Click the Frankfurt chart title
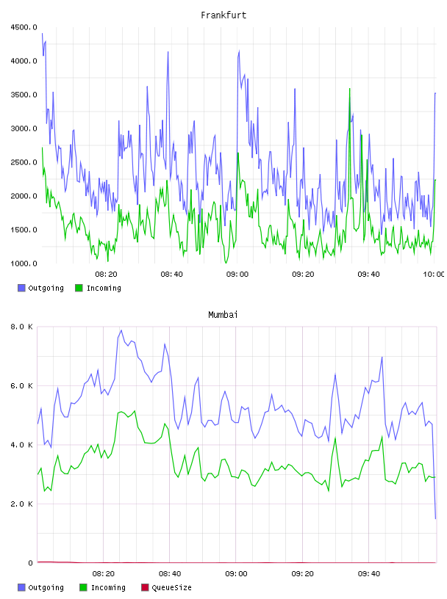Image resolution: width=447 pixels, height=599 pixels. (223, 15)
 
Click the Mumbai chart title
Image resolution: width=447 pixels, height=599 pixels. (223, 315)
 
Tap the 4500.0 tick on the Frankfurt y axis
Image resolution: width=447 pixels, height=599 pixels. (24, 27)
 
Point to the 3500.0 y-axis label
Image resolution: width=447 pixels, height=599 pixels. (24, 95)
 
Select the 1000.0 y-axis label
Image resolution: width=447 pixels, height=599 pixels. (24, 264)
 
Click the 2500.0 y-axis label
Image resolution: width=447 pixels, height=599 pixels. (24, 162)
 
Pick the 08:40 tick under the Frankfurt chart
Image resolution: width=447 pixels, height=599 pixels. (171, 275)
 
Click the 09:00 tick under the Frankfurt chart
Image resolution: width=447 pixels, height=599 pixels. (237, 275)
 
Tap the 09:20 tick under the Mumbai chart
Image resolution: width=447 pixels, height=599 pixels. (302, 574)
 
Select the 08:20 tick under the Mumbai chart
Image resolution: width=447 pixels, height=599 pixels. (104, 574)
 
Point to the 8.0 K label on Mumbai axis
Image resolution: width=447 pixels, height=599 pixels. (21, 327)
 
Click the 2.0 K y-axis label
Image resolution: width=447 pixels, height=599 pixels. (21, 504)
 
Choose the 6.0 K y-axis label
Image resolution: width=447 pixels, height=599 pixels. (21, 386)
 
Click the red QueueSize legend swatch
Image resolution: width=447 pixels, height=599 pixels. (145, 587)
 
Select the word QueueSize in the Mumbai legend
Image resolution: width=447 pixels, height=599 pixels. (171, 587)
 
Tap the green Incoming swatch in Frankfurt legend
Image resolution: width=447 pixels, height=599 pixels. (79, 288)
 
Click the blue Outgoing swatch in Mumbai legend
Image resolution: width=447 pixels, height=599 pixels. (21, 587)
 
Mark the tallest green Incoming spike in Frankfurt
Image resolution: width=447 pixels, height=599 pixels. (349, 89)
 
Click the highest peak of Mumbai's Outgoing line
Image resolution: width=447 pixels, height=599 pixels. (121, 330)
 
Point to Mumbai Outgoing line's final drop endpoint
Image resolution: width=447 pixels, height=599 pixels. (435, 518)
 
